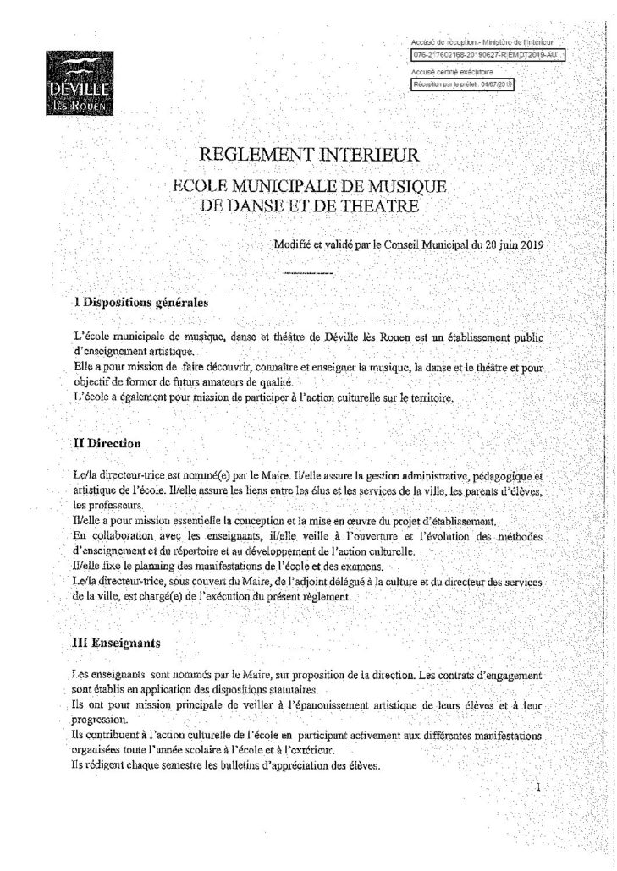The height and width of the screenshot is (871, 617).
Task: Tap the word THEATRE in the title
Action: (376, 205)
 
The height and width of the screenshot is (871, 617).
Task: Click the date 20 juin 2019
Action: (510, 244)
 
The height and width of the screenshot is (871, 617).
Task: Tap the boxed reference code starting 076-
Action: (486, 57)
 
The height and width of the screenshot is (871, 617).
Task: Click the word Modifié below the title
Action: (292, 244)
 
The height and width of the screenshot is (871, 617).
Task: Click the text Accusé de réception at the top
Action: (439, 41)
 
